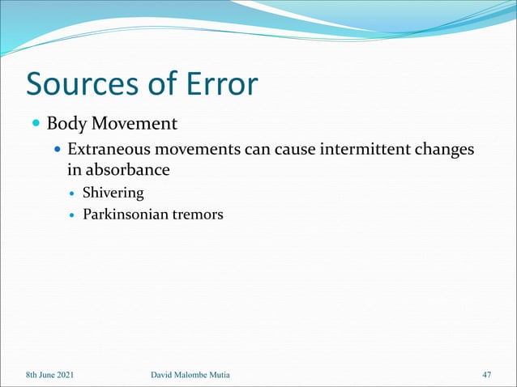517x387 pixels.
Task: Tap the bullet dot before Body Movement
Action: pos(36,125)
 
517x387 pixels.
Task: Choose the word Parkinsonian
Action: pos(124,215)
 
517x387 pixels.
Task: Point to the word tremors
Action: pos(196,215)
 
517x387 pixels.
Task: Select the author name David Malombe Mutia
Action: pos(198,375)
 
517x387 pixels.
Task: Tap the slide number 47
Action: pos(486,375)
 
